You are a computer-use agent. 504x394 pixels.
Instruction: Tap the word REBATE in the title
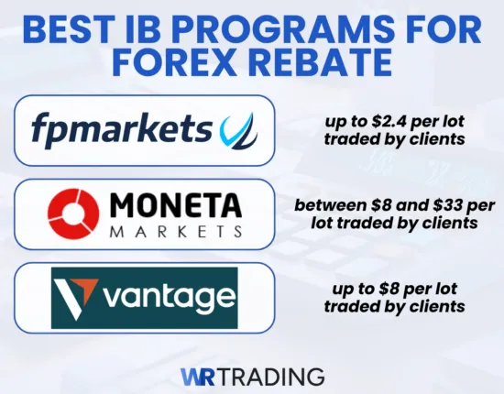click(x=314, y=65)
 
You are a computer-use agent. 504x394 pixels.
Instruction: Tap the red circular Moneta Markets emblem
click(x=74, y=212)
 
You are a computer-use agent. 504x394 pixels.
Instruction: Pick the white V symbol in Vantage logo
click(x=72, y=295)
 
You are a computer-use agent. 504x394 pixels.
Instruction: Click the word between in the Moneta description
click(x=324, y=203)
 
